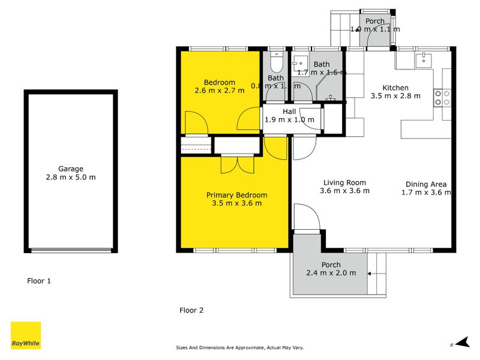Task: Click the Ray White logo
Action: pos(26,335)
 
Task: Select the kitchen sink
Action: pos(424,58)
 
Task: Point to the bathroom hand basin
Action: pos(299,63)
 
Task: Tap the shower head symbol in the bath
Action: pos(330,96)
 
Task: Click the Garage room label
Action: pos(70,169)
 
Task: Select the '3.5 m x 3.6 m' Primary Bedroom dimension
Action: pos(236,203)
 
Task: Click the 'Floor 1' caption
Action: pos(40,280)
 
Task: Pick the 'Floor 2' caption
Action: pos(192,310)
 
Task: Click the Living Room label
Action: pos(344,182)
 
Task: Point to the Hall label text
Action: pos(289,111)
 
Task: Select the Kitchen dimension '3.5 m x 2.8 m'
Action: pos(395,95)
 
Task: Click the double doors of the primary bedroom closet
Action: pos(237,164)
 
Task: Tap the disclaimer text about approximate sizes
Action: pos(239,347)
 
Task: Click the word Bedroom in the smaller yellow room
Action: pos(219,82)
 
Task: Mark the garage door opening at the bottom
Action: pos(70,251)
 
